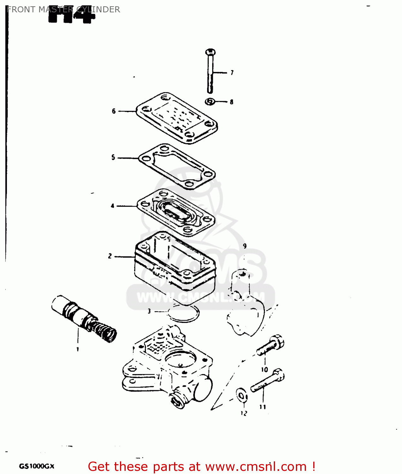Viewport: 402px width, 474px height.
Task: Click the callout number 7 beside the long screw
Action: (x=232, y=73)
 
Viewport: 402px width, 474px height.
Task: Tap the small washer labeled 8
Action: (x=210, y=102)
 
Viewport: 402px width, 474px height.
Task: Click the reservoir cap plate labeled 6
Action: (x=177, y=118)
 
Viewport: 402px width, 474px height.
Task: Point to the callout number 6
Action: (x=114, y=111)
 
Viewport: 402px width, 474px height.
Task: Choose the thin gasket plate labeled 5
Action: (x=177, y=166)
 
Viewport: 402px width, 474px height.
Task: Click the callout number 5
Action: (x=113, y=157)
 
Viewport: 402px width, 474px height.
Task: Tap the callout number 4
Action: (x=112, y=206)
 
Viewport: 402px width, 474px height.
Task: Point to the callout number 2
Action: (x=110, y=256)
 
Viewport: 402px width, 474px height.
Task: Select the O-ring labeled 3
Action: (x=183, y=314)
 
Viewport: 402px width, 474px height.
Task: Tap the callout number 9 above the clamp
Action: (x=245, y=246)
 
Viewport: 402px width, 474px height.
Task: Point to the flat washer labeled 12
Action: (x=242, y=395)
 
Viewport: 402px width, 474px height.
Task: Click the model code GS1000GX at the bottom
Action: (x=37, y=466)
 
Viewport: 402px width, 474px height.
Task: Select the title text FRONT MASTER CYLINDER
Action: (x=63, y=9)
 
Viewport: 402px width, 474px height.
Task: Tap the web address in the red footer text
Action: (x=256, y=467)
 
